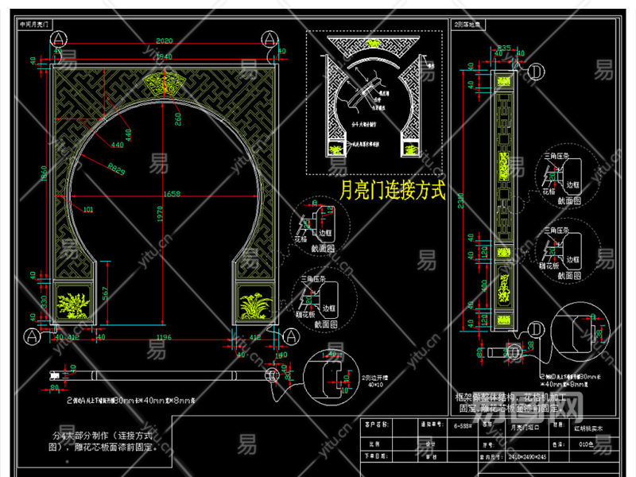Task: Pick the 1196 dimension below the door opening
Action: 164,337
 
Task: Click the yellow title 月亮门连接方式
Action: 392,192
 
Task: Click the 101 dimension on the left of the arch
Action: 88,211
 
